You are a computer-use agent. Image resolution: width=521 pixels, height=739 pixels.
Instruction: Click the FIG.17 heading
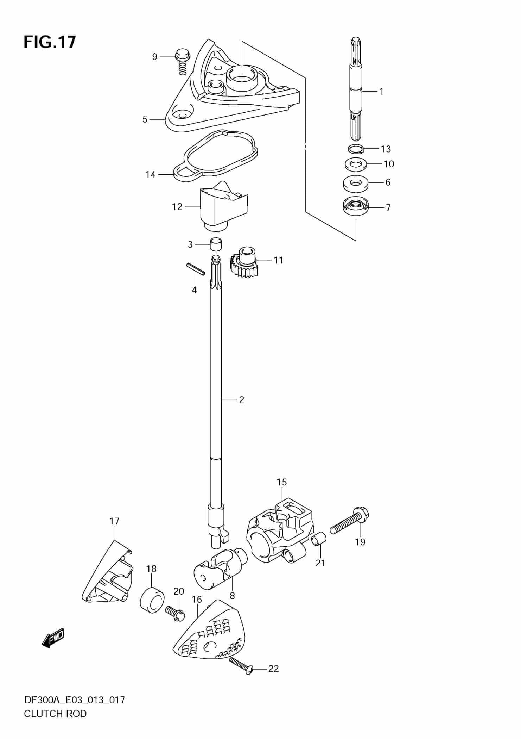tap(50, 42)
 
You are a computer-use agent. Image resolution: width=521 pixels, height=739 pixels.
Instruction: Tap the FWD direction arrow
tap(53, 638)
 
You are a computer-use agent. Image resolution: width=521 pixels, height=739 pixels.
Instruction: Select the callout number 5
tap(145, 119)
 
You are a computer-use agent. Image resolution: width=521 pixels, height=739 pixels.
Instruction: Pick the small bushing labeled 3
tap(217, 244)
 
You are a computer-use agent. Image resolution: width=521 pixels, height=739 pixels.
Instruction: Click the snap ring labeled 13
tap(356, 149)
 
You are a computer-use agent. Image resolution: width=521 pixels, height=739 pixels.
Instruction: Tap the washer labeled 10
tap(355, 164)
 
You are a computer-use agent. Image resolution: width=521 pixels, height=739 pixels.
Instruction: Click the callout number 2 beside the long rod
tap(241, 400)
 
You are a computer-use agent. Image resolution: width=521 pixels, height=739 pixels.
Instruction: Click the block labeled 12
tap(223, 208)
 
